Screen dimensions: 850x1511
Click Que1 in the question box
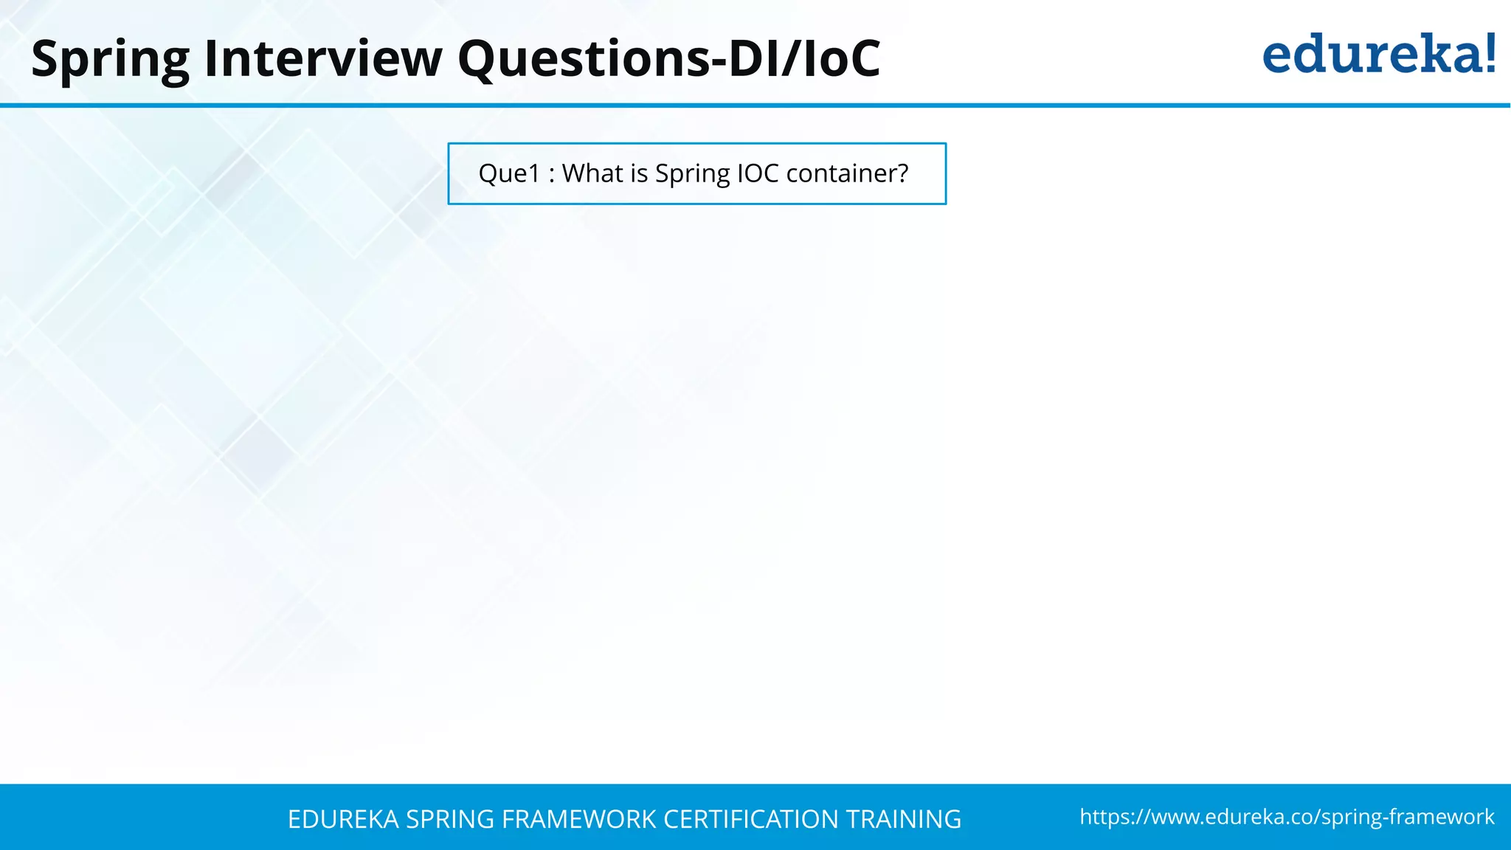[509, 173]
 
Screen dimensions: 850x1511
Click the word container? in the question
[847, 173]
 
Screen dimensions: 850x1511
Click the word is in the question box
[639, 173]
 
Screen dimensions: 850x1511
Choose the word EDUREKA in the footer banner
[343, 819]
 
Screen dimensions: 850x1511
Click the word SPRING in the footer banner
[450, 819]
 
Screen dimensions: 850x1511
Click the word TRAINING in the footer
[903, 819]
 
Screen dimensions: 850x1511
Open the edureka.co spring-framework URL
[1287, 817]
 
